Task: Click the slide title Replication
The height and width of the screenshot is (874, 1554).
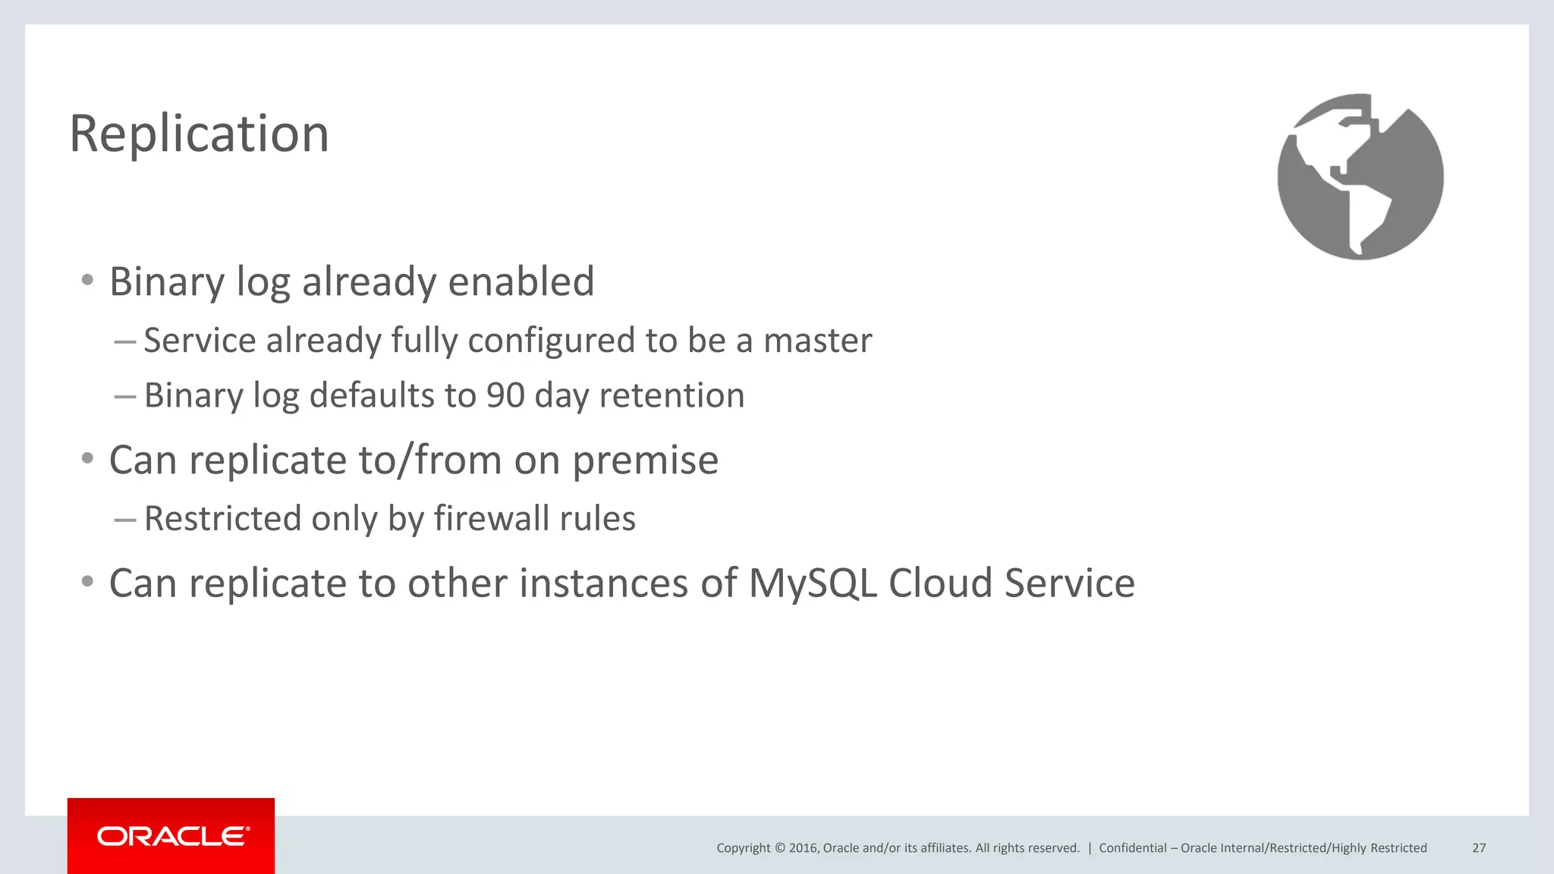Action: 199,134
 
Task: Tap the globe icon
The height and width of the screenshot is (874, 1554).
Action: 1360,177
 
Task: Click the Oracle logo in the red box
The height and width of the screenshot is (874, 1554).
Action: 172,836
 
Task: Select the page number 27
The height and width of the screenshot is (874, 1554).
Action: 1478,848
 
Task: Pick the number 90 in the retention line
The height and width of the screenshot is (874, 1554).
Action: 505,395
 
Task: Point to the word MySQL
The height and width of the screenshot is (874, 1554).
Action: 813,583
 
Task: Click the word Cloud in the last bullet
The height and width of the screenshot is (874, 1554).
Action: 940,583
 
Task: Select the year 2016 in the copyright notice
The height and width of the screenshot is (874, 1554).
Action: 803,848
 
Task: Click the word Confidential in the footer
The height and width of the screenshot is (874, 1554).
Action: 1132,848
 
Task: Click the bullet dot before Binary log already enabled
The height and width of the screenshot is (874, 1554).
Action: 87,281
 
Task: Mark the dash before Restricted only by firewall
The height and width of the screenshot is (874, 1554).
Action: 124,520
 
